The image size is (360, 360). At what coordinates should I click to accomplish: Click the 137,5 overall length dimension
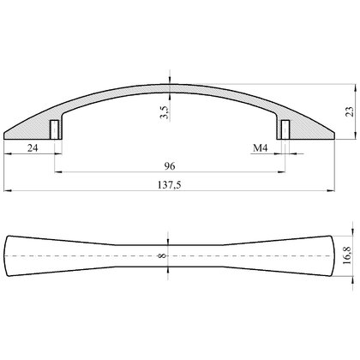[x=170, y=185]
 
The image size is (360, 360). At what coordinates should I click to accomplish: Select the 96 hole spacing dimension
[x=170, y=166]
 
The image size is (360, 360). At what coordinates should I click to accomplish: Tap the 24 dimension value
[x=33, y=147]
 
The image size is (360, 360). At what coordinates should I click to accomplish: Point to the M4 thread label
[x=261, y=148]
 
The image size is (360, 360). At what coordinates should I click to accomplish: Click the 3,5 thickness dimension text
[x=165, y=112]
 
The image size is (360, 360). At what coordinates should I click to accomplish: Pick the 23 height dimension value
[x=350, y=111]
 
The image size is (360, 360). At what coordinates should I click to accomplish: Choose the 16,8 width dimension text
[x=347, y=256]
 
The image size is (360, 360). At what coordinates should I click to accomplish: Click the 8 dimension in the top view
[x=162, y=255]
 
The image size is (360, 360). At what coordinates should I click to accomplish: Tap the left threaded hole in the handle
[x=54, y=129]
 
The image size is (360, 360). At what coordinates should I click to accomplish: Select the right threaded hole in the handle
[x=285, y=129]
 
